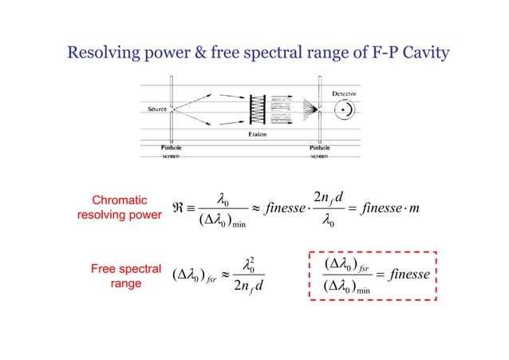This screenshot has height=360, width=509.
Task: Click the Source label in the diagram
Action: [x=156, y=107]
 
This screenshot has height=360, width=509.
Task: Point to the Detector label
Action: [x=344, y=93]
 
